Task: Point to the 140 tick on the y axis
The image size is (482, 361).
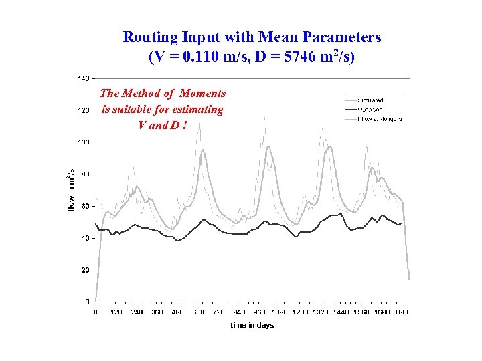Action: [83, 79]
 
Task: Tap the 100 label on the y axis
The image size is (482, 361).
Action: [83, 142]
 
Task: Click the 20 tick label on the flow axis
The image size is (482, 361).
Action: [85, 270]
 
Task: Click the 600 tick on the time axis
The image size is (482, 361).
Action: [198, 312]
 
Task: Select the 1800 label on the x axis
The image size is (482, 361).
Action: [402, 312]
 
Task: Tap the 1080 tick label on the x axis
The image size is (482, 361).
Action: [280, 312]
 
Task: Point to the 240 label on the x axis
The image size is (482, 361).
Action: [137, 312]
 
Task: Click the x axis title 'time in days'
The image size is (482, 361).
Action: [252, 326]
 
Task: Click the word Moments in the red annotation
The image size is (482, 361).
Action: [202, 94]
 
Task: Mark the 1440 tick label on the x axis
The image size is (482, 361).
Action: [341, 312]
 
